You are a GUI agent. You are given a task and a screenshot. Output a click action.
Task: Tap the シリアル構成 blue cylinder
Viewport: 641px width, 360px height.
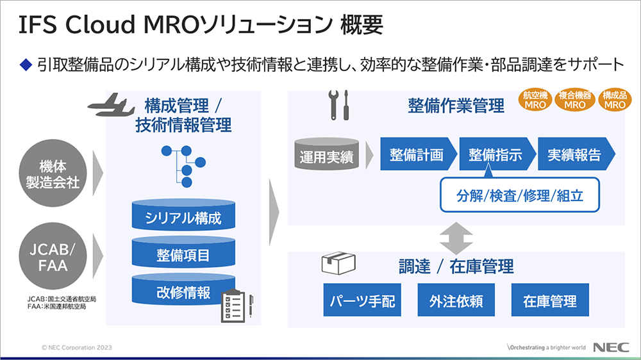pos(183,217)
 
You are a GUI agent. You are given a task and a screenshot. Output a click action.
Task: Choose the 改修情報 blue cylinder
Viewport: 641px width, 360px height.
pos(183,292)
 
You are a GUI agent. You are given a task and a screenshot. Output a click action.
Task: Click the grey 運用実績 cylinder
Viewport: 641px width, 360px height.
pos(326,154)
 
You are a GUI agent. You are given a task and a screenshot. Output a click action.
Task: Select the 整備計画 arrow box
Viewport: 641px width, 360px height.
pos(417,154)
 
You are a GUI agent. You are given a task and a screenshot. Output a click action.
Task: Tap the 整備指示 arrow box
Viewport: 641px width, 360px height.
pos(495,154)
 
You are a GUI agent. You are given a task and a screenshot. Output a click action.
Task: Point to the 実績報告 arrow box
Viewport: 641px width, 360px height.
pos(574,154)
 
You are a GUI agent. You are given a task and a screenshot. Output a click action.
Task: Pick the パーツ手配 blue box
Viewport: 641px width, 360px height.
pos(357,300)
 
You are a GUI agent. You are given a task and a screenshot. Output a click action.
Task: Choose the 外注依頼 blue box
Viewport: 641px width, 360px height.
pos(456,300)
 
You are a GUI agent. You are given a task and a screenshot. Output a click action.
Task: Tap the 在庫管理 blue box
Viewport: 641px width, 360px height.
pos(549,300)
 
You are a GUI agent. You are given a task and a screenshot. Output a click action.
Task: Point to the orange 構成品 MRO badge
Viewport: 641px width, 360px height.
pos(614,101)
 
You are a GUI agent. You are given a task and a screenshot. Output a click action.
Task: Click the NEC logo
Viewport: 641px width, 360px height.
pos(609,348)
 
